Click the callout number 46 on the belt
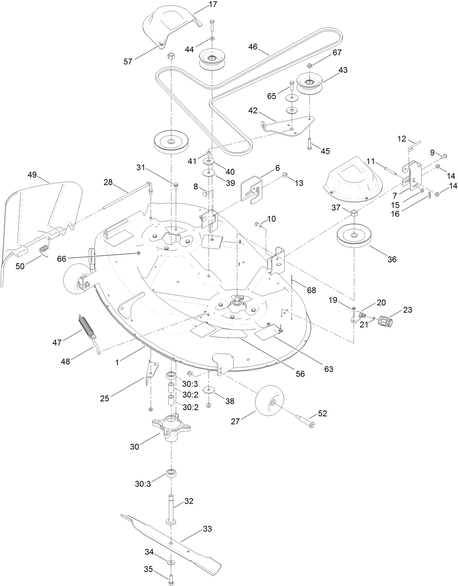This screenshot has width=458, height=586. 253,47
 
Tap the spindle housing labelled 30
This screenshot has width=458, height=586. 170,429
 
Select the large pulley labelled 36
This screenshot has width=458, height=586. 354,237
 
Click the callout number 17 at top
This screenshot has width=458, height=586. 213,5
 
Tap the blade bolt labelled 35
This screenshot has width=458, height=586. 170,577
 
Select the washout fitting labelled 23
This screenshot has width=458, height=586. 386,322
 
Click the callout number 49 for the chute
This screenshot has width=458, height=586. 32,175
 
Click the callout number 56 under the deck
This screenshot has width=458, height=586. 300,374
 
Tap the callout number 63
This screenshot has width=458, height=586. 328,369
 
